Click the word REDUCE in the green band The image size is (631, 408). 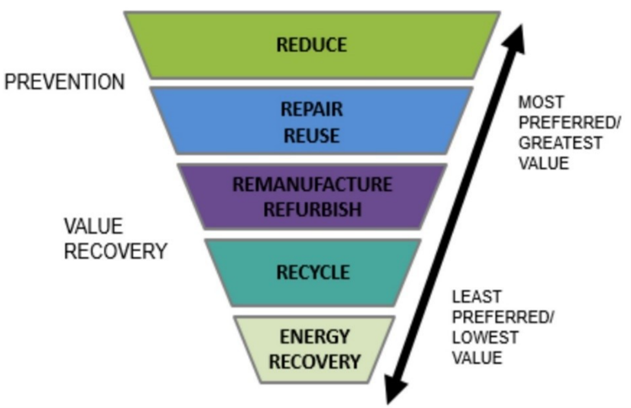(x=311, y=45)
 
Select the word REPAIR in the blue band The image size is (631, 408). (x=311, y=109)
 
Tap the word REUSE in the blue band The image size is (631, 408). (x=311, y=136)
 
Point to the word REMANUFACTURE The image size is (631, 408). (x=311, y=185)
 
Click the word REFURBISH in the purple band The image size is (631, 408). (x=311, y=210)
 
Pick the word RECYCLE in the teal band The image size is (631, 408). (x=312, y=272)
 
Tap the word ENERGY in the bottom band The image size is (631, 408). (x=315, y=337)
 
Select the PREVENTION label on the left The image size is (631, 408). (x=64, y=83)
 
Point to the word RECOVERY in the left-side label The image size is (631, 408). (x=116, y=250)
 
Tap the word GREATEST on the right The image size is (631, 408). (x=560, y=142)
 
